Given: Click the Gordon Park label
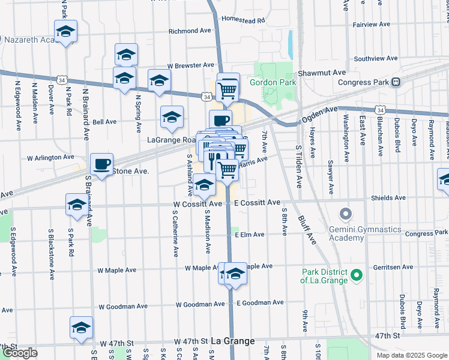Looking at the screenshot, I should click(274, 82).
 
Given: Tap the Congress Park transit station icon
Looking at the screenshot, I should click(396, 82).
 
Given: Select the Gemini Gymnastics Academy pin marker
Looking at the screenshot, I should click(345, 214).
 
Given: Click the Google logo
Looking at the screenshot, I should click(20, 353).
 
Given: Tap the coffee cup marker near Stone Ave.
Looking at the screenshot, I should click(101, 164).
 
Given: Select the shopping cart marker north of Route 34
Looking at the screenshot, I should click(228, 89).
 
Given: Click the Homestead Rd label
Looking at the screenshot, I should click(243, 20).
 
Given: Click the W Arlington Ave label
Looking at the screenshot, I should click(50, 158).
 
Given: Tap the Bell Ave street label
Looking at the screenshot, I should click(104, 122).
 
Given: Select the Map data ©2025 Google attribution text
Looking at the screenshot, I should click(412, 355).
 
